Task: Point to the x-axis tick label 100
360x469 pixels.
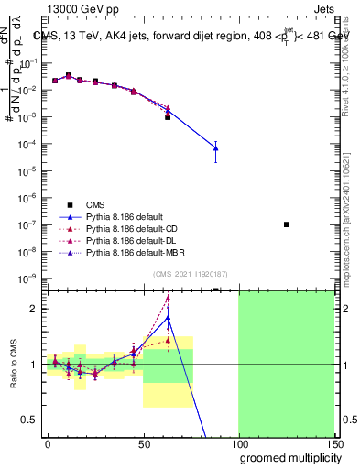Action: coord(239,442)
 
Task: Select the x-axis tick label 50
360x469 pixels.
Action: coord(144,442)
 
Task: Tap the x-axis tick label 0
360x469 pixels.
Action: coord(48,442)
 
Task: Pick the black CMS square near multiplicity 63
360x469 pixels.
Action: coord(168,117)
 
